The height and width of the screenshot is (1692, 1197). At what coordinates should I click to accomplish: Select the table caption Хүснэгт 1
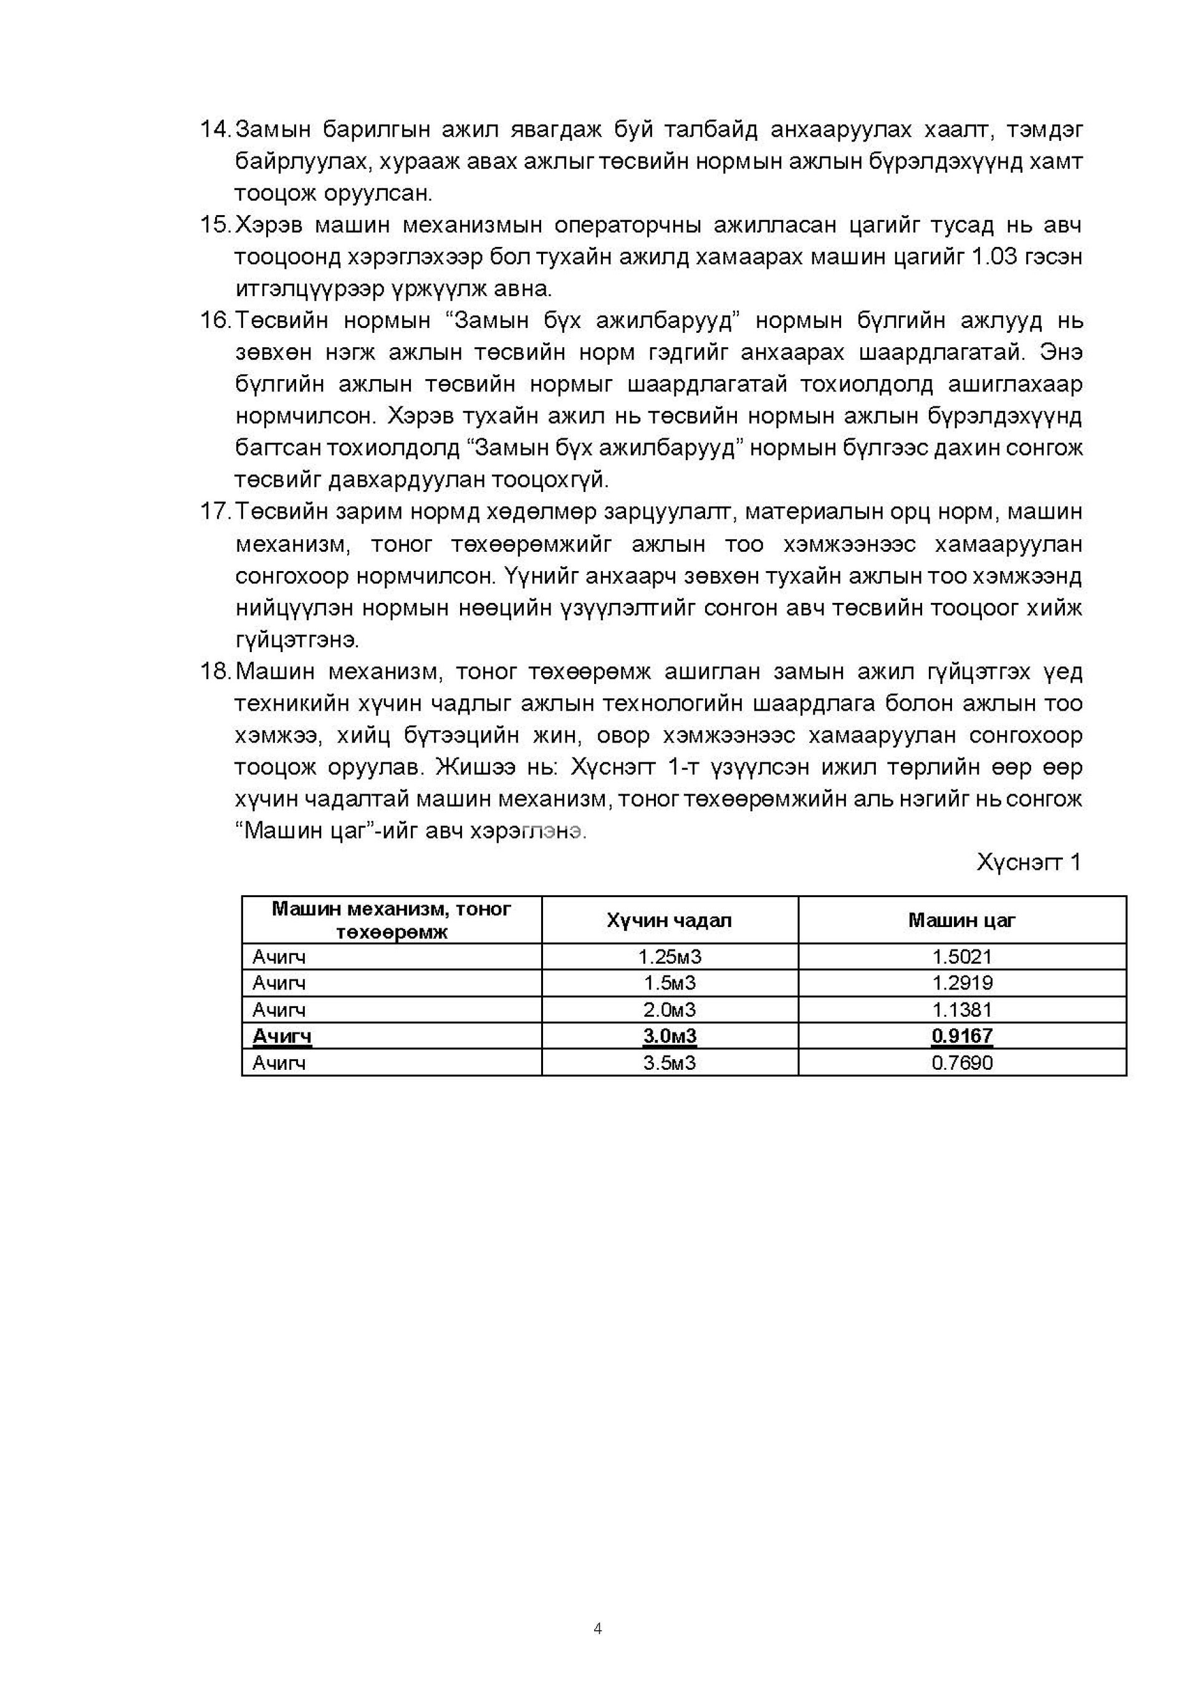1028,862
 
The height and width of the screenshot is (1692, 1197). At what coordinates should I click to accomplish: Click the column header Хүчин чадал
669,920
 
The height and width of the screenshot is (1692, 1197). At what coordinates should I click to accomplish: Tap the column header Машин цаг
962,920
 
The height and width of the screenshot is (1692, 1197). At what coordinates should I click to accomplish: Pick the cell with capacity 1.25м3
669,957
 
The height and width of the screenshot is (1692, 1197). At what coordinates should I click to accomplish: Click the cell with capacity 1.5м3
669,983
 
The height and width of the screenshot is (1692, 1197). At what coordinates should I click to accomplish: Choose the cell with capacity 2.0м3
669,1009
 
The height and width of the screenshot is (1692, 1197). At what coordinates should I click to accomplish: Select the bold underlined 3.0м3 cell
669,1036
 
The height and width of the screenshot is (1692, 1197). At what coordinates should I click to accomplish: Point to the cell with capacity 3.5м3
669,1063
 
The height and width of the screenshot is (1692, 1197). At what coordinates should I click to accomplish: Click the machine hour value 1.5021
962,957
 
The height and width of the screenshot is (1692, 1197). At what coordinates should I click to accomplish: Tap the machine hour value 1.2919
962,983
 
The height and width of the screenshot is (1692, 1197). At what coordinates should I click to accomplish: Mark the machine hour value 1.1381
962,1009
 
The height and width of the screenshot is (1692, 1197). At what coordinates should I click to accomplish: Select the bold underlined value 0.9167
962,1036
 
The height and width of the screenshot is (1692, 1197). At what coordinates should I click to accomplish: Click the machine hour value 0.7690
962,1063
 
